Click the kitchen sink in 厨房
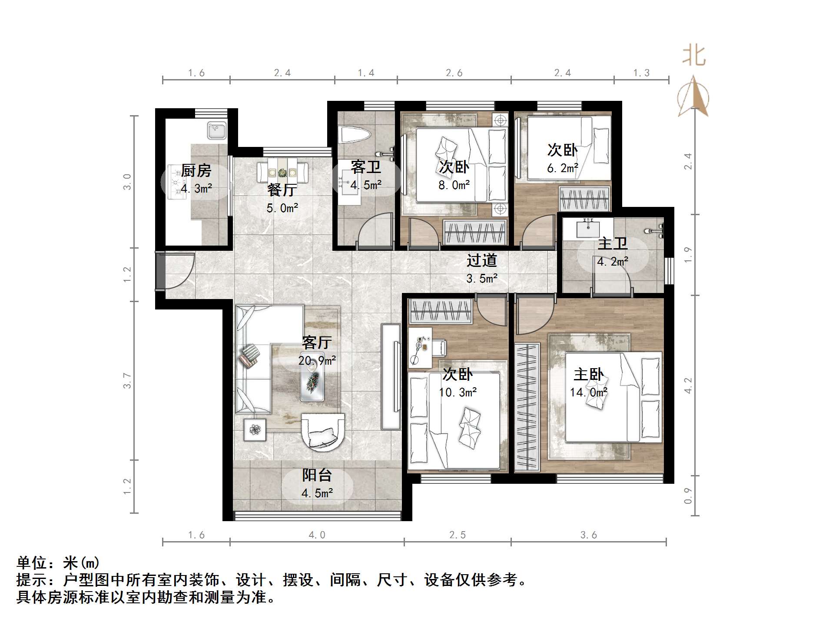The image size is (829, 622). click(x=216, y=130)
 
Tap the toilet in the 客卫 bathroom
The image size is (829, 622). click(x=355, y=135)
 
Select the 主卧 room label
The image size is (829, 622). click(x=588, y=374)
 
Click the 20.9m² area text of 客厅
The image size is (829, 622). click(x=317, y=360)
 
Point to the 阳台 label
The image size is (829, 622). click(x=317, y=475)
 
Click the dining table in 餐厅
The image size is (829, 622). click(x=282, y=173)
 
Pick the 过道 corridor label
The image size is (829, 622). click(x=481, y=260)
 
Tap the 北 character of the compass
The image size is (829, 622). click(x=694, y=57)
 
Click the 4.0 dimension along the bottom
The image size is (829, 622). click(x=317, y=535)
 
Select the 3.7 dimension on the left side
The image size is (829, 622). click(x=127, y=380)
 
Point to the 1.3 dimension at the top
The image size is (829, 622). click(x=641, y=73)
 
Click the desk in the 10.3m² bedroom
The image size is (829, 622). click(x=420, y=348)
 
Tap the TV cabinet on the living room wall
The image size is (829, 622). click(x=391, y=377)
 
